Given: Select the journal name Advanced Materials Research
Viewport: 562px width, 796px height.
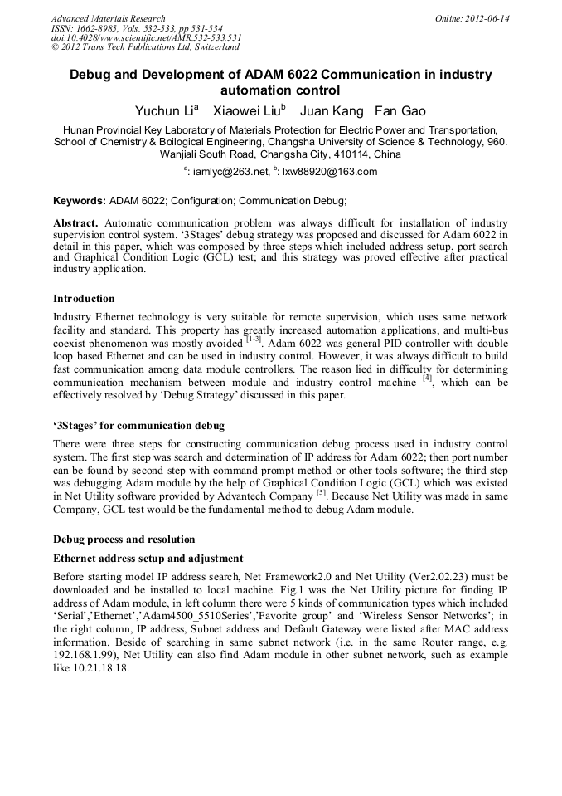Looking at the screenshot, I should pos(108,18).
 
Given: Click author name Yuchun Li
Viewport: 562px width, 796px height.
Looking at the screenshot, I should pos(165,110).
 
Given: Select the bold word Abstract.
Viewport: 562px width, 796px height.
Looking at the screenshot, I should pos(76,224).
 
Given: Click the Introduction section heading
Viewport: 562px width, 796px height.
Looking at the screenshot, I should pos(84,299).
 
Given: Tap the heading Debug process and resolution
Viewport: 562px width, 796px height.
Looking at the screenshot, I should pos(124,540).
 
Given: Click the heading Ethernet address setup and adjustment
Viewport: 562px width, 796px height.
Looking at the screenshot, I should pos(147,559).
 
